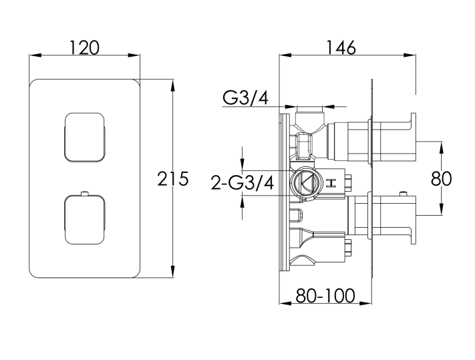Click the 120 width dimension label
click(x=84, y=48)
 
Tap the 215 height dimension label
click(x=172, y=178)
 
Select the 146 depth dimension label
click(x=341, y=48)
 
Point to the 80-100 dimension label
click(x=325, y=295)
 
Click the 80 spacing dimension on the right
click(x=441, y=178)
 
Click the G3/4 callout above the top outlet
click(x=245, y=98)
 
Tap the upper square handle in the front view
click(x=85, y=138)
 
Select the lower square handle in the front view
click(x=85, y=220)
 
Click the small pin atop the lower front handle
click(x=85, y=193)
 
